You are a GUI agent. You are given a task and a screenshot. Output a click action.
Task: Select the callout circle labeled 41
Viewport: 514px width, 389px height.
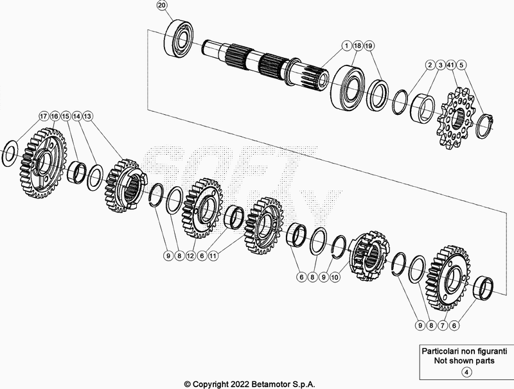pos(452,65)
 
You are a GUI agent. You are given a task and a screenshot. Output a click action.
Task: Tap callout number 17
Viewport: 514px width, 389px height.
pos(43,116)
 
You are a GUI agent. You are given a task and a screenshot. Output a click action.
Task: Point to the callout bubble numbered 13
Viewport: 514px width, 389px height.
pos(88,116)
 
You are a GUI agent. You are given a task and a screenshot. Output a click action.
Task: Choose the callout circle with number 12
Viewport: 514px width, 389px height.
pos(191,255)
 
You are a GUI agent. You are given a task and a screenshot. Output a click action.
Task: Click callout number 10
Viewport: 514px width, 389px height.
pos(335,277)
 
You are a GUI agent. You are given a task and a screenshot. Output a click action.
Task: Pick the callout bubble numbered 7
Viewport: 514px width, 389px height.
pos(442,326)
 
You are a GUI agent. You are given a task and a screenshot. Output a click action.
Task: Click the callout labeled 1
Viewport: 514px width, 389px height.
pos(346,46)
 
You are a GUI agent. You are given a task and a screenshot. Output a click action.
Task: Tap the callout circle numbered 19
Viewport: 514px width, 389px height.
pos(368,46)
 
